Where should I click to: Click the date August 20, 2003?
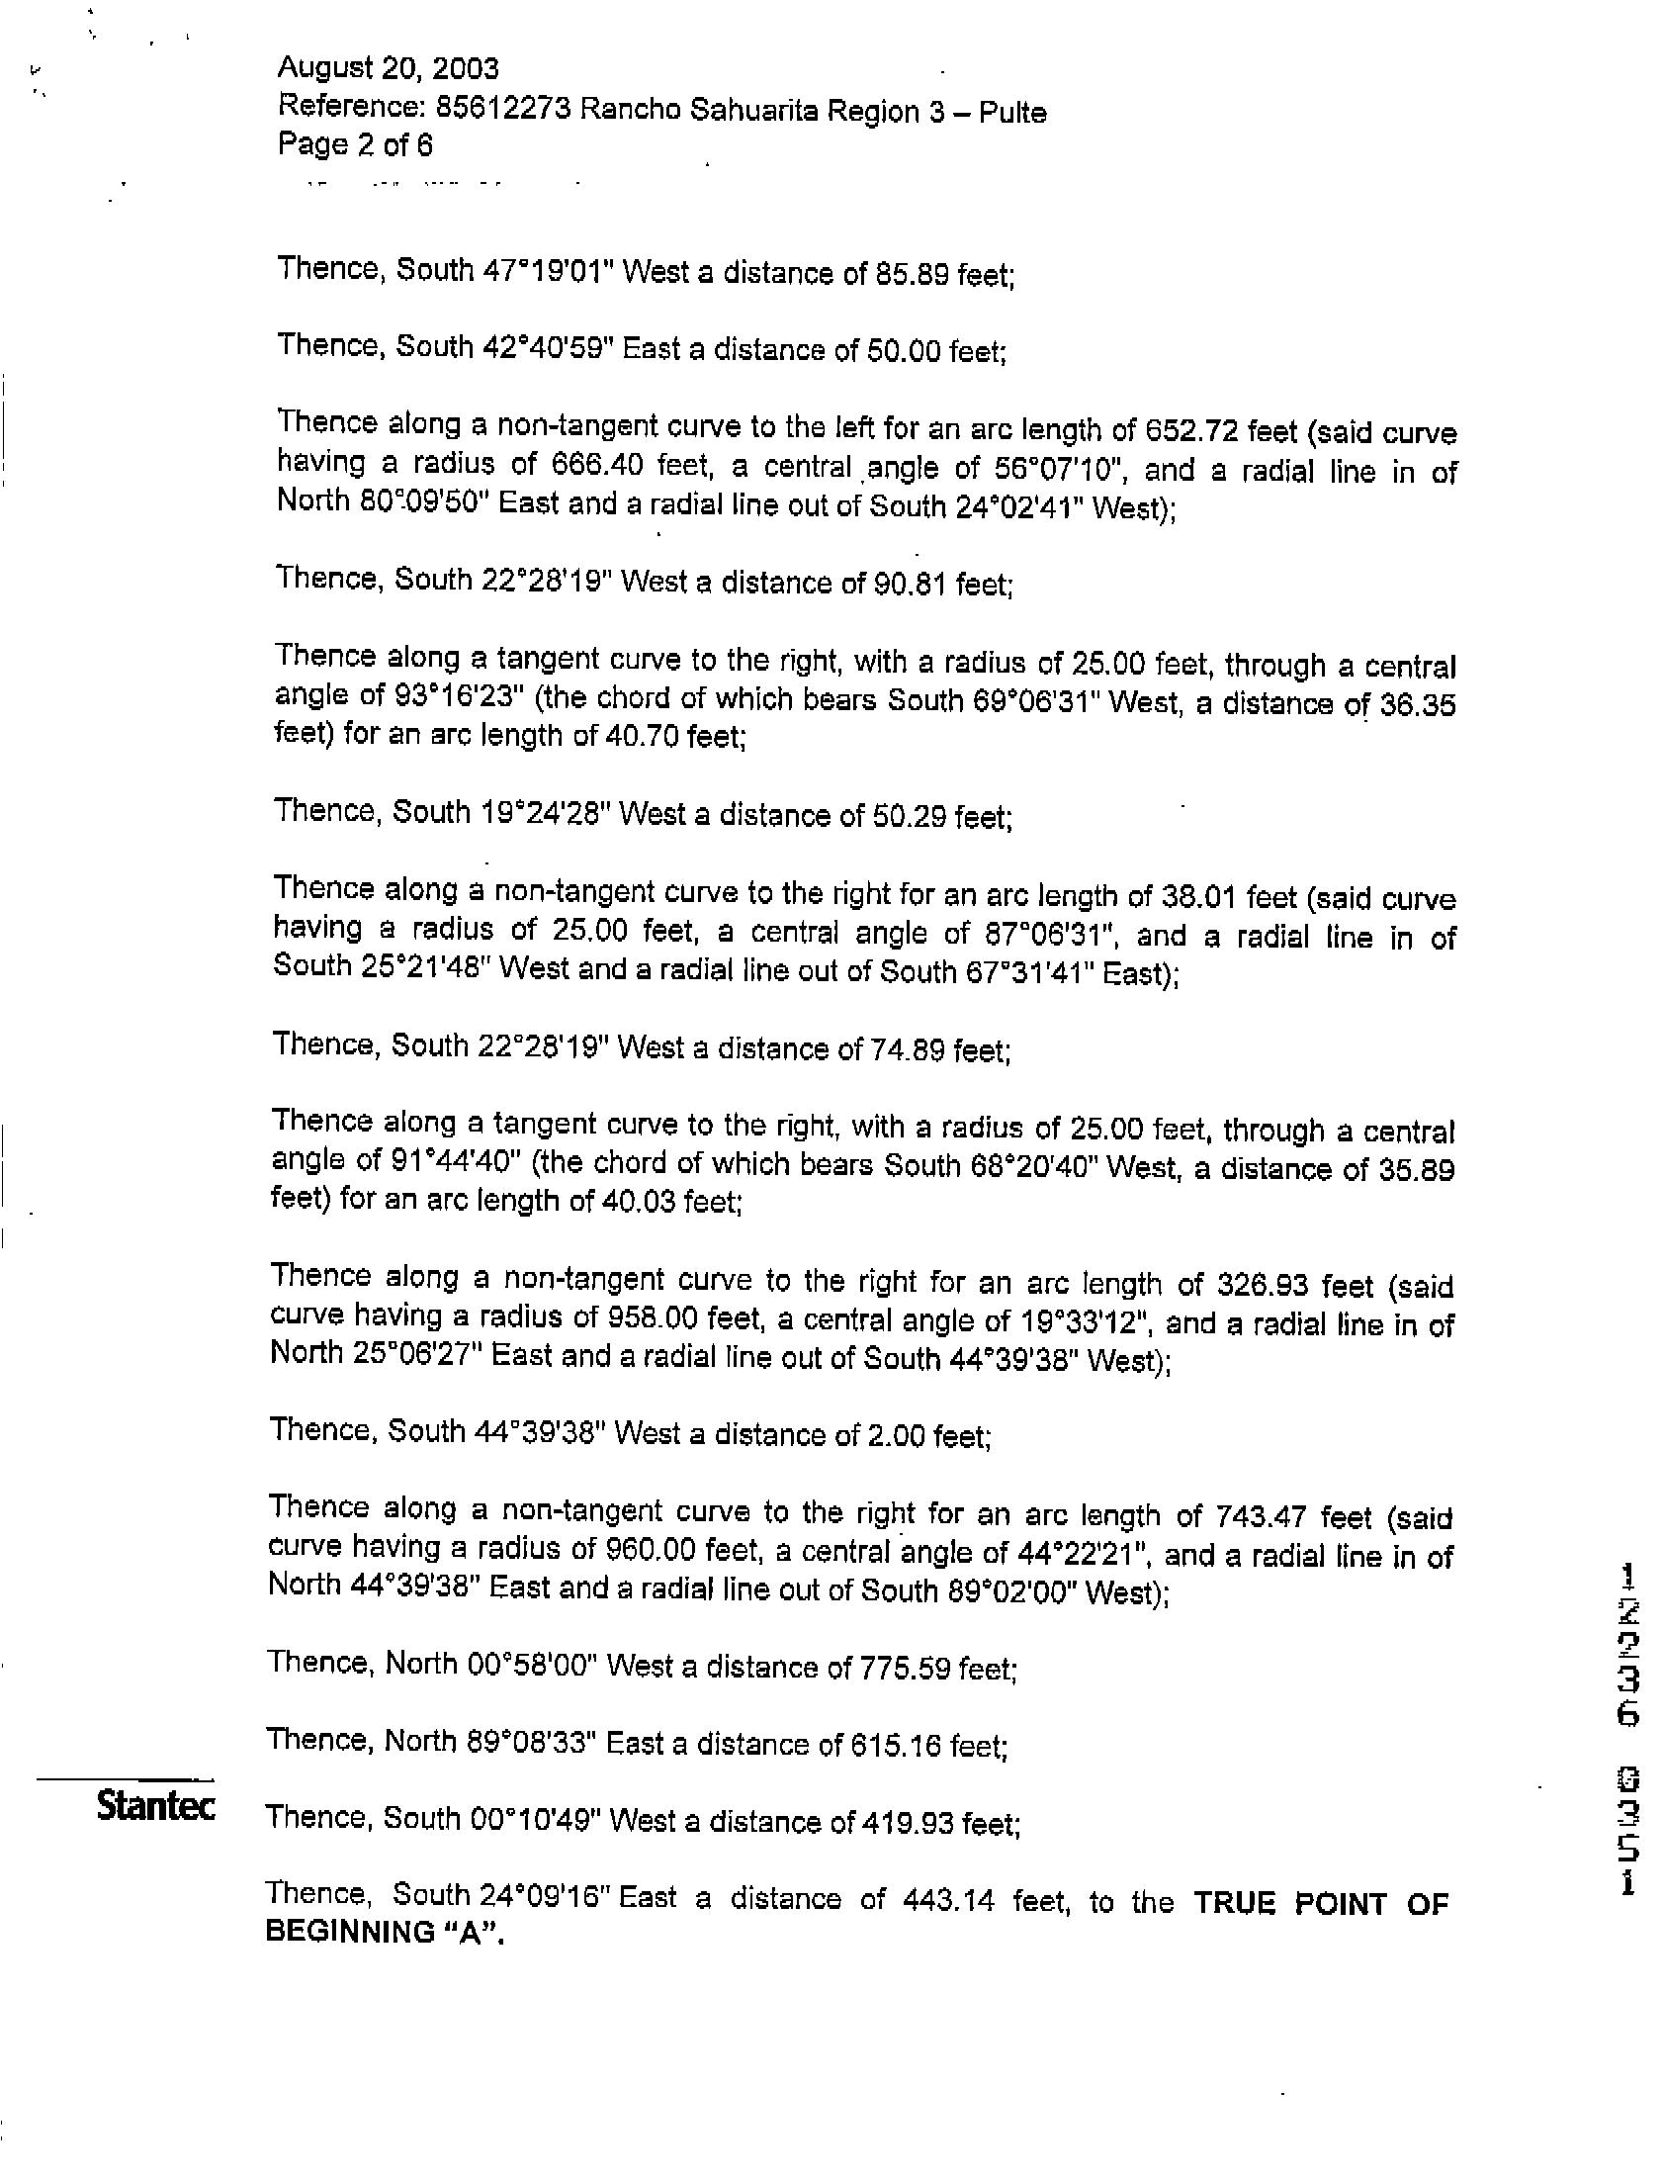[388, 68]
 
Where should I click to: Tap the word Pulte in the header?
[1012, 112]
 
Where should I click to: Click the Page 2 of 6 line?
[354, 145]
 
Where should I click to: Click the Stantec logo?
[155, 1806]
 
